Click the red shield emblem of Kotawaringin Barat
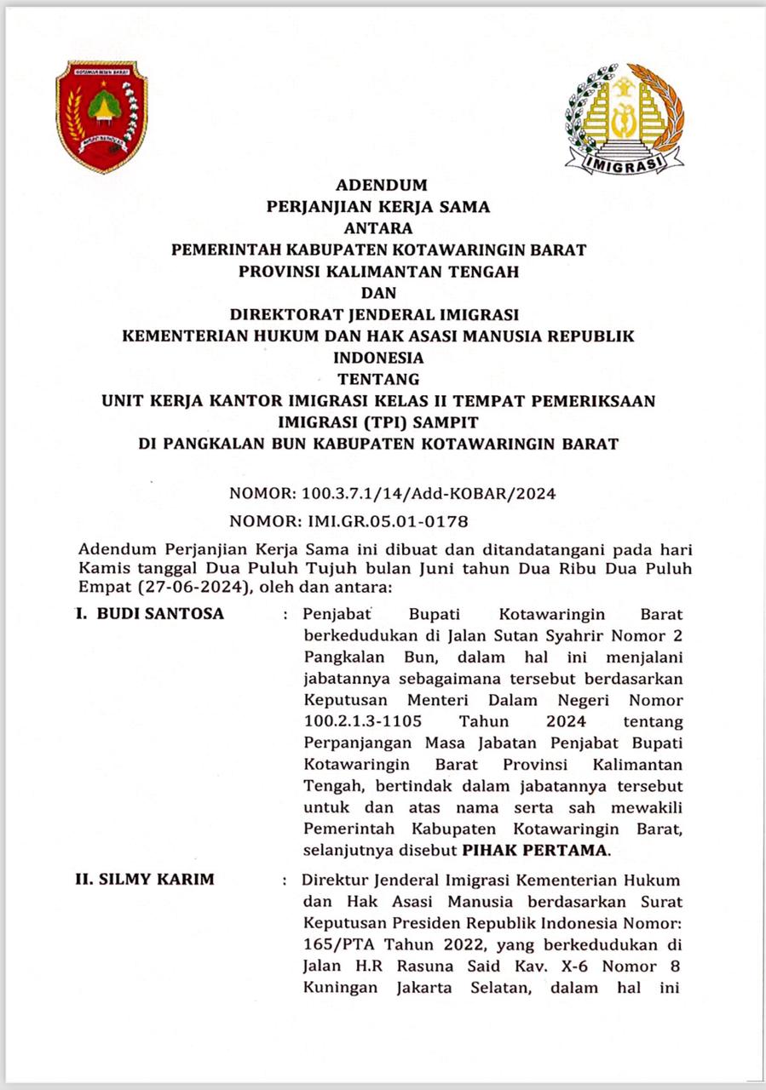coord(101,116)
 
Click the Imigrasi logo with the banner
coord(624,118)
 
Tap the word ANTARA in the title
coord(378,228)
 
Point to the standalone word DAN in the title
coord(379,294)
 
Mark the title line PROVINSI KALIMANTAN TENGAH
coord(379,272)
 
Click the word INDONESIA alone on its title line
coord(379,358)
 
